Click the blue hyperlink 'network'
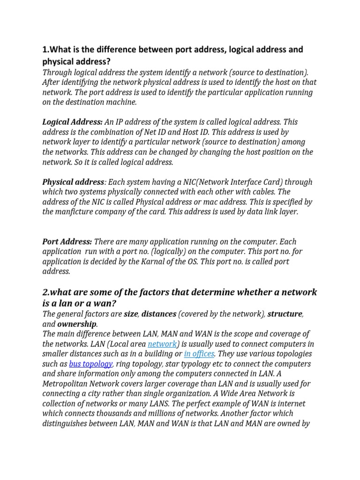[162, 344]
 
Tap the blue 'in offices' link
[199, 354]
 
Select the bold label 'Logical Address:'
[73, 122]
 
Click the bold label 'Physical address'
[73, 182]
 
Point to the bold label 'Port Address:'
[67, 242]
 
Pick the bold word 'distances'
[159, 314]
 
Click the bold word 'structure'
[285, 314]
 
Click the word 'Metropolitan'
[65, 383]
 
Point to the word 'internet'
[291, 403]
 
